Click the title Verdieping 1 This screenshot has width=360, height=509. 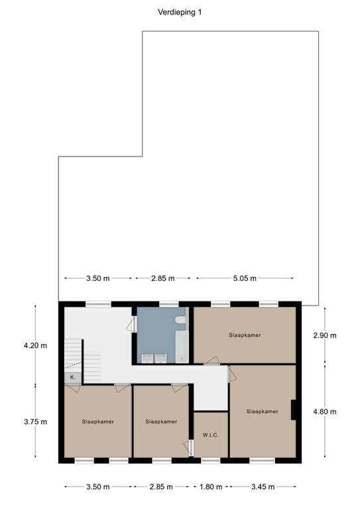click(x=179, y=11)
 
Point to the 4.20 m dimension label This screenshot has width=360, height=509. click(x=31, y=345)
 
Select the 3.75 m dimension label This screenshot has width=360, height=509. click(x=31, y=422)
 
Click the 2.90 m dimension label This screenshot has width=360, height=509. click(x=324, y=335)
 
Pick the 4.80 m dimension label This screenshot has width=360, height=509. click(x=324, y=412)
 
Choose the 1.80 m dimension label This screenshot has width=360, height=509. click(x=210, y=486)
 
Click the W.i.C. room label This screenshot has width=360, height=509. click(x=210, y=435)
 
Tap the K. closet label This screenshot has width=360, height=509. click(x=72, y=377)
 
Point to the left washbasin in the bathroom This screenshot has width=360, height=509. click(x=146, y=358)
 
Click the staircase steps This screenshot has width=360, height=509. click(x=90, y=361)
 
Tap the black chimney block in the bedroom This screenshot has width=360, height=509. click(x=292, y=410)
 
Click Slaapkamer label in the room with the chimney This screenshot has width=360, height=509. click(x=261, y=412)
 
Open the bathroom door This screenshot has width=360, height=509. click(x=133, y=324)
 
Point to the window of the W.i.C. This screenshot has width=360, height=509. click(x=210, y=459)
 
